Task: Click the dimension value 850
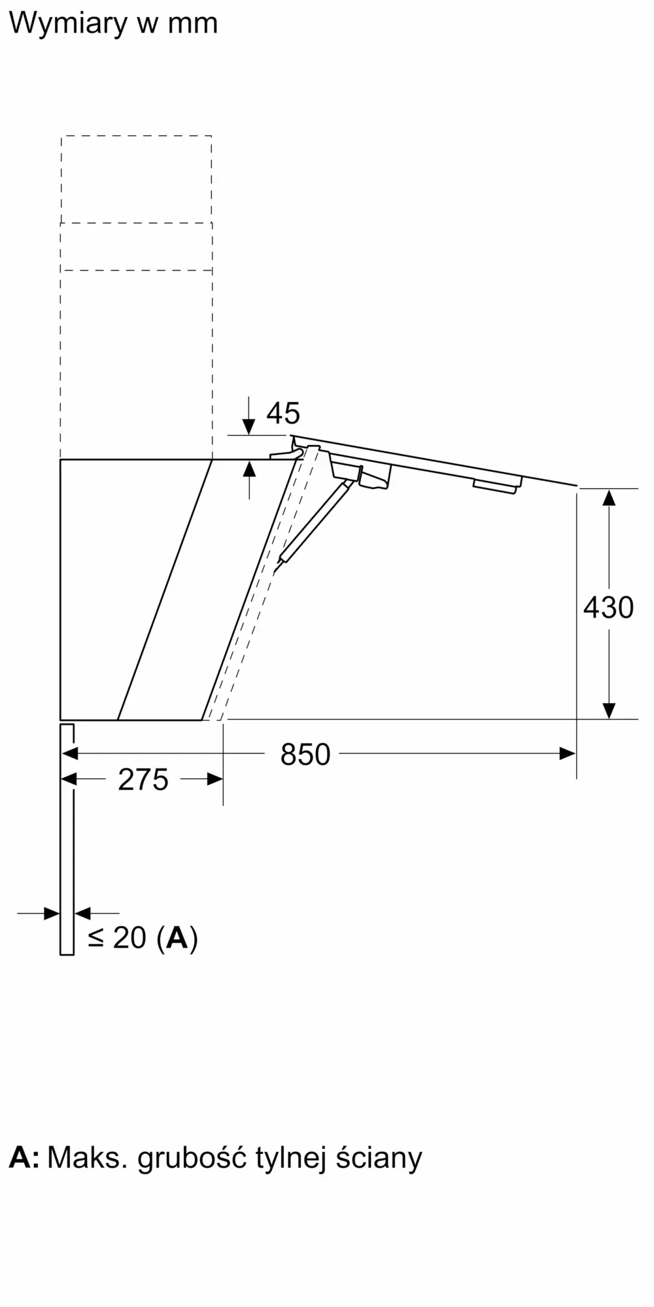305,755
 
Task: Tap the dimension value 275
143,780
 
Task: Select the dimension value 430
608,608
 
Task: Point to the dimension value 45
283,413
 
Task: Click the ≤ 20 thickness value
117,938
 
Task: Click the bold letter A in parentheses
177,938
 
